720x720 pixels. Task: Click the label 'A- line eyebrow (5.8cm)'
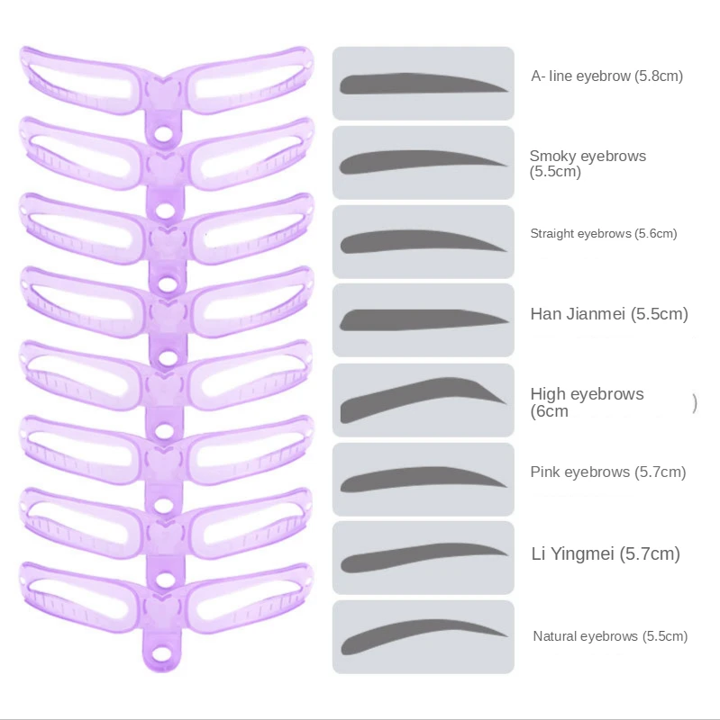(x=606, y=76)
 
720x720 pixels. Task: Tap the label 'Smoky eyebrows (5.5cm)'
(x=588, y=163)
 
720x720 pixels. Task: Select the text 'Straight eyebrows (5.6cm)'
(x=604, y=234)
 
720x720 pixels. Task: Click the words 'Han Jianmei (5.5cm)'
(x=609, y=314)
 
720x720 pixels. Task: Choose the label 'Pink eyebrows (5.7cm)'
(x=608, y=472)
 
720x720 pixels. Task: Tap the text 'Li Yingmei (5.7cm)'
(x=605, y=553)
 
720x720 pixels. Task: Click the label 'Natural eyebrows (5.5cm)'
(x=610, y=636)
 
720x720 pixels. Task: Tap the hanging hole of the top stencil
(x=164, y=135)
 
